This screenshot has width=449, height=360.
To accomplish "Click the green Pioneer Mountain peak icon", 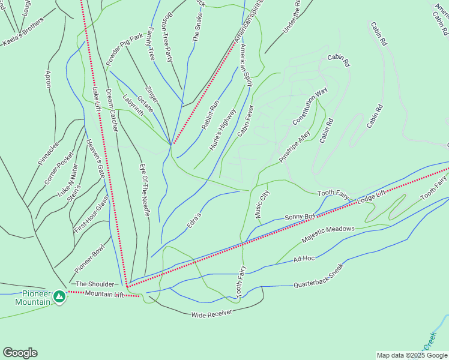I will [59, 296].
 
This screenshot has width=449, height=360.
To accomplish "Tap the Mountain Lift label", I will [104, 293].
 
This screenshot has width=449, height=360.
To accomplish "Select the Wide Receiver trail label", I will [211, 314].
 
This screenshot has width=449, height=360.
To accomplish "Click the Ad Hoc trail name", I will [304, 259].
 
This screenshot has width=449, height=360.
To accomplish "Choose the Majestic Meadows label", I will [328, 233].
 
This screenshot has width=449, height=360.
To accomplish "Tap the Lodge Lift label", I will [372, 197].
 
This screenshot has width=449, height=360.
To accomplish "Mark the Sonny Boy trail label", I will [300, 217].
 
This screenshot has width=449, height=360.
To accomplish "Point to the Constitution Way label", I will [310, 107].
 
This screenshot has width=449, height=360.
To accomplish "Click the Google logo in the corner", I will [20, 353].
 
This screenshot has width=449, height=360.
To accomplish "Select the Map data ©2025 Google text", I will [411, 355].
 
